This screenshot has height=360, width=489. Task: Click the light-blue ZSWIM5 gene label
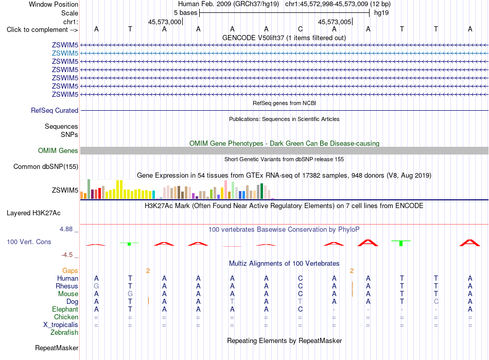(65, 54)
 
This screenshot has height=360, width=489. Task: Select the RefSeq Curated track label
(55, 110)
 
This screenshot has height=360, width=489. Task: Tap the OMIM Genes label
(58, 151)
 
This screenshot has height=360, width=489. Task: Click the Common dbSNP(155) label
(46, 166)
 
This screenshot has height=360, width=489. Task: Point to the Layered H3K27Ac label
(33, 213)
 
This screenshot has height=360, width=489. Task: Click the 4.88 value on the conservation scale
(66, 229)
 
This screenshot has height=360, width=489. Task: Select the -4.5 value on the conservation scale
(67, 255)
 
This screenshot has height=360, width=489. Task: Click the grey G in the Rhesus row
(96, 286)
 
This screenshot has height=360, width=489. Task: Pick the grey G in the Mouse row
(130, 294)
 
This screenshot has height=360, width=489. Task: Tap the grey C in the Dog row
(436, 302)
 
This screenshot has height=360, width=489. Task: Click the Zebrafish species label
(64, 333)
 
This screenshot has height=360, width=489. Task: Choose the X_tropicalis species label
(61, 325)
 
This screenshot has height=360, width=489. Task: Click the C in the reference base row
(300, 29)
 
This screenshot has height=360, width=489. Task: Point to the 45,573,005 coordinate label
(335, 22)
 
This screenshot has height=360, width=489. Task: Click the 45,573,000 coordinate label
(165, 22)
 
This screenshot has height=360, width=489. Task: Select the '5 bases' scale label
(185, 13)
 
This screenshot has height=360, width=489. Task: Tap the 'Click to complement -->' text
(42, 30)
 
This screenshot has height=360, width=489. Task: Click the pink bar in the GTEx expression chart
(225, 190)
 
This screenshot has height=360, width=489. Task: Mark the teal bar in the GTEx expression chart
(153, 195)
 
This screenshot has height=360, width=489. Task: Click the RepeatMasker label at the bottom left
(57, 348)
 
